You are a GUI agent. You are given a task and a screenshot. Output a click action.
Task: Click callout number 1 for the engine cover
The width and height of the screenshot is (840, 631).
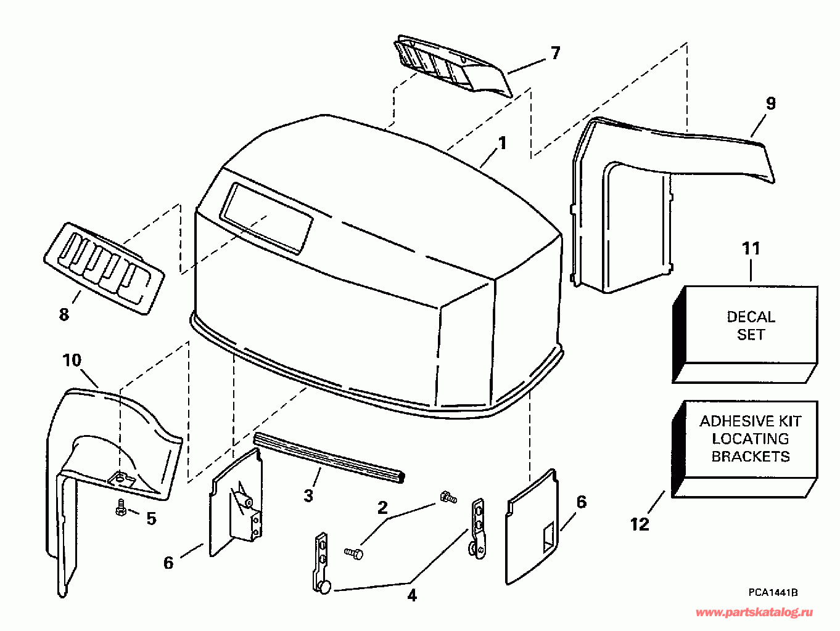(502, 144)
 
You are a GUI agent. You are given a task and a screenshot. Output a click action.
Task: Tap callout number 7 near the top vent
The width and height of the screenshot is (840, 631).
(555, 54)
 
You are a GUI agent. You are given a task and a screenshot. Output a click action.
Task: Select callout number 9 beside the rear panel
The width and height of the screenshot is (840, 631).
(770, 104)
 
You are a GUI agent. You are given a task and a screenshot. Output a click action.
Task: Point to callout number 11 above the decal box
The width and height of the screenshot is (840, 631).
(751, 248)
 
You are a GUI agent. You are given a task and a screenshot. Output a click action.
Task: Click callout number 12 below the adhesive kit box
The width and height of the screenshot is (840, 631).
(640, 524)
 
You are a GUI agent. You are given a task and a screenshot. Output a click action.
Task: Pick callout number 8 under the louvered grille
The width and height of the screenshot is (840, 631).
(64, 314)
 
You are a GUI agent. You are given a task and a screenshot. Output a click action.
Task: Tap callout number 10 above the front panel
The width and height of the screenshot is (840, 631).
(72, 360)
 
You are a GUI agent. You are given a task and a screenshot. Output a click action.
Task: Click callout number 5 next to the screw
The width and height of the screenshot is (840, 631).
(151, 519)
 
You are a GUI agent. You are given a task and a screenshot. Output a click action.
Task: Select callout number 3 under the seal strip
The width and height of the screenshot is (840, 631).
(308, 495)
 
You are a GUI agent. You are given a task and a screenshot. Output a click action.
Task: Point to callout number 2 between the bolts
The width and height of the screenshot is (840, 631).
(382, 508)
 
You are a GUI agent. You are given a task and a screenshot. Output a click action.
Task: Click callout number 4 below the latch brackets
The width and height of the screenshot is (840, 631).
(411, 595)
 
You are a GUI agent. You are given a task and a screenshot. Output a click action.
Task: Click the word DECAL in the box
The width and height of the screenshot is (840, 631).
(751, 317)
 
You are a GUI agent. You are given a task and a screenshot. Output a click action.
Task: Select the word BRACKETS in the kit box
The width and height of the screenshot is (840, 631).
(750, 457)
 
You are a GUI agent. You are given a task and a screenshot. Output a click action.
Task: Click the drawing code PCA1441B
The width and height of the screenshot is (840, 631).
(773, 592)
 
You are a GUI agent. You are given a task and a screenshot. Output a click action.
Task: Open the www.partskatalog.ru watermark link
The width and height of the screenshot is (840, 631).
(754, 612)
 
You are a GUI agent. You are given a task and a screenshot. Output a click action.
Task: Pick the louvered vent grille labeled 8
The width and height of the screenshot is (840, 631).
(104, 269)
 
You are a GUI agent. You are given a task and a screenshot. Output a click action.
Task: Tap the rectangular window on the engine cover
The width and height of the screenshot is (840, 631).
(266, 218)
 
